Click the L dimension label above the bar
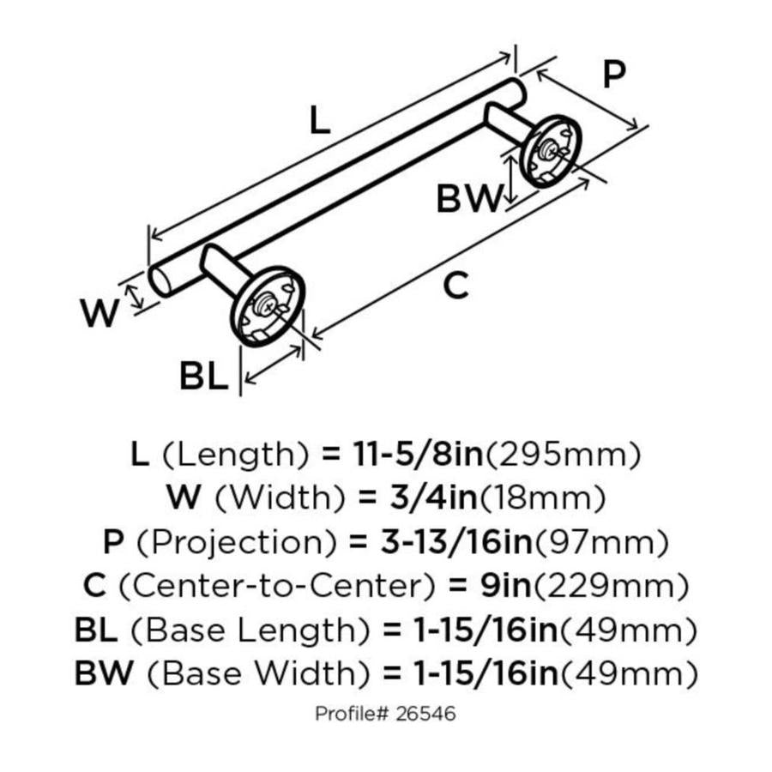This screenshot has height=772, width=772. click(x=319, y=121)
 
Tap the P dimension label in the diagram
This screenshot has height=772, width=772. click(x=612, y=75)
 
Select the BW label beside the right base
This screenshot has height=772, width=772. click(x=467, y=200)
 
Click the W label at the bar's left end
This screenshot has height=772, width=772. click(x=100, y=314)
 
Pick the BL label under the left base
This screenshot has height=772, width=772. click(x=204, y=376)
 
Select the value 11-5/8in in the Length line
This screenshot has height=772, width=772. click(x=419, y=453)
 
